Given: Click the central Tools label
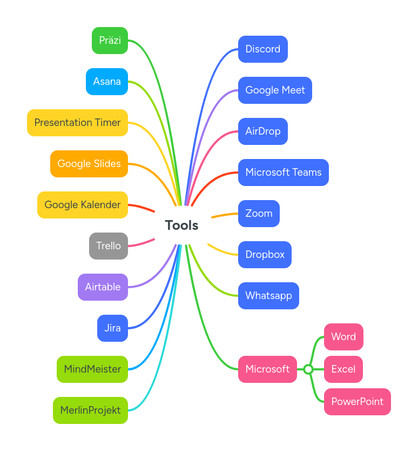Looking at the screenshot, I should point(181,225).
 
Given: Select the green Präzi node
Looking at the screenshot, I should point(110,41).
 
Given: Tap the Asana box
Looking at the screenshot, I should point(107,82).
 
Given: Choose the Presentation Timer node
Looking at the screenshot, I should point(77,123).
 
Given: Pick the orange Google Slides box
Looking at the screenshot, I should point(89,164).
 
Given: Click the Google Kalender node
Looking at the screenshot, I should point(83,205).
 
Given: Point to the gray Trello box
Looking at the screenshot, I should point(109,246).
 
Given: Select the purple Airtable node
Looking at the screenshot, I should point(103,287).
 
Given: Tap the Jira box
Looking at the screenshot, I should point(112,328).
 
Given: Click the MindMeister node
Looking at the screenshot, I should point(92,369).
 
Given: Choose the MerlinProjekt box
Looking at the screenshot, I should point(90,410).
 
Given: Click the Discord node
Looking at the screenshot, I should point(262,49).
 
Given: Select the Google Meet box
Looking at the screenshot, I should point(275,90).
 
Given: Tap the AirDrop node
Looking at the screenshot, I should point(262,131).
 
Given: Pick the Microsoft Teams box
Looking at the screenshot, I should point(283,173).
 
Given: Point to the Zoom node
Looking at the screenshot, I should point(259,214).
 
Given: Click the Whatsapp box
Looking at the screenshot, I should point(268,296).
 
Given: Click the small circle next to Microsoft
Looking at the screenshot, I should point(308,369).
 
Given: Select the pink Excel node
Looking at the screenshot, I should point(343,369).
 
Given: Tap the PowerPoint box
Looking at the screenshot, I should point(357,402).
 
